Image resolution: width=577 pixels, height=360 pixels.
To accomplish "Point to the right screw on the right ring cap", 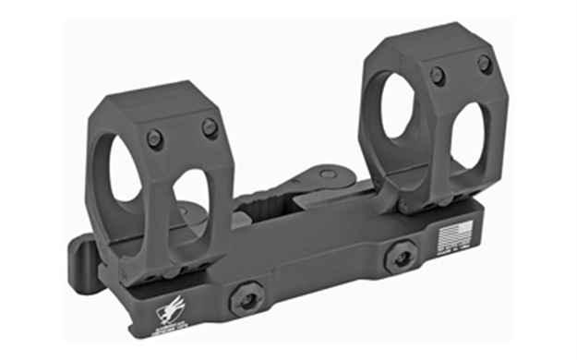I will [483, 64].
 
